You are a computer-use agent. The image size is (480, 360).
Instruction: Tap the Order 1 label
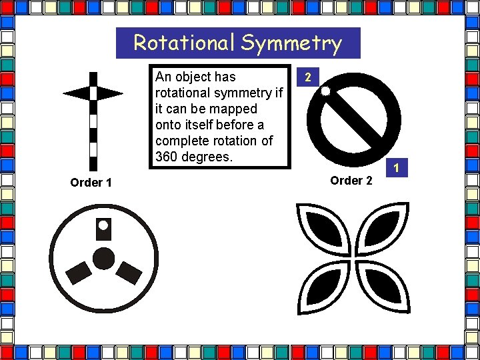(91, 183)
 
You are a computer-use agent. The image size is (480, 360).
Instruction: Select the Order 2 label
(351, 181)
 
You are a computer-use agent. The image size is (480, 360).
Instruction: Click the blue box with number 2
(307, 78)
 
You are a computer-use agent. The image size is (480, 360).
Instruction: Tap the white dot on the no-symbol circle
(325, 91)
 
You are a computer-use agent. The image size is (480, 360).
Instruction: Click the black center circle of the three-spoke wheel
(103, 258)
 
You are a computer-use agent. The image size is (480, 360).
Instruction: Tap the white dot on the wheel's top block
(103, 225)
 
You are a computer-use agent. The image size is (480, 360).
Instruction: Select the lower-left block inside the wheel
(79, 271)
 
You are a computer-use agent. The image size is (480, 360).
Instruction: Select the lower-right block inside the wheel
(128, 271)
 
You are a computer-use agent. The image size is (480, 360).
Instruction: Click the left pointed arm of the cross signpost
(75, 93)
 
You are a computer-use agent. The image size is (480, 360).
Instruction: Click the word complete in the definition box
(181, 141)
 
